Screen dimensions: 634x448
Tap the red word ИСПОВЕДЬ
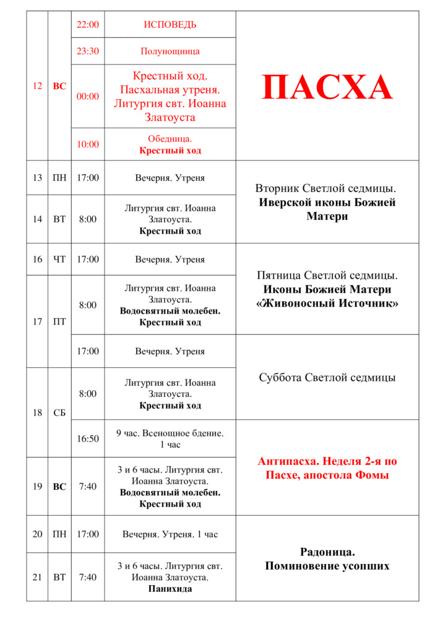[170, 25]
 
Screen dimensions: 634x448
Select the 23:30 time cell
[87, 51]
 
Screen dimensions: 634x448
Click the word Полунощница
[170, 51]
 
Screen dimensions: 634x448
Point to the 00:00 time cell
[87, 96]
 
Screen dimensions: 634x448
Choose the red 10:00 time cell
[87, 144]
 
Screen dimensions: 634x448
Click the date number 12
[37, 86]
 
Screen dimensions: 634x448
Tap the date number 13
[37, 178]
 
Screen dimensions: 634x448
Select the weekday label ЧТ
[59, 259]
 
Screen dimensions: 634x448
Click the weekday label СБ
[59, 412]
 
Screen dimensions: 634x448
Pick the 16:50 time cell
[87, 438]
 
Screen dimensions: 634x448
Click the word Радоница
[327, 552]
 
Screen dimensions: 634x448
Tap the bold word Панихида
[170, 589]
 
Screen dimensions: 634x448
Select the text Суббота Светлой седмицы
[327, 377]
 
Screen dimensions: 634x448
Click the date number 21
[37, 577]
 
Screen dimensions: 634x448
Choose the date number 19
[37, 487]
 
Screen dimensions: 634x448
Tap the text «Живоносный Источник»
[327, 303]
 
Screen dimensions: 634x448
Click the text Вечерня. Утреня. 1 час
[170, 534]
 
